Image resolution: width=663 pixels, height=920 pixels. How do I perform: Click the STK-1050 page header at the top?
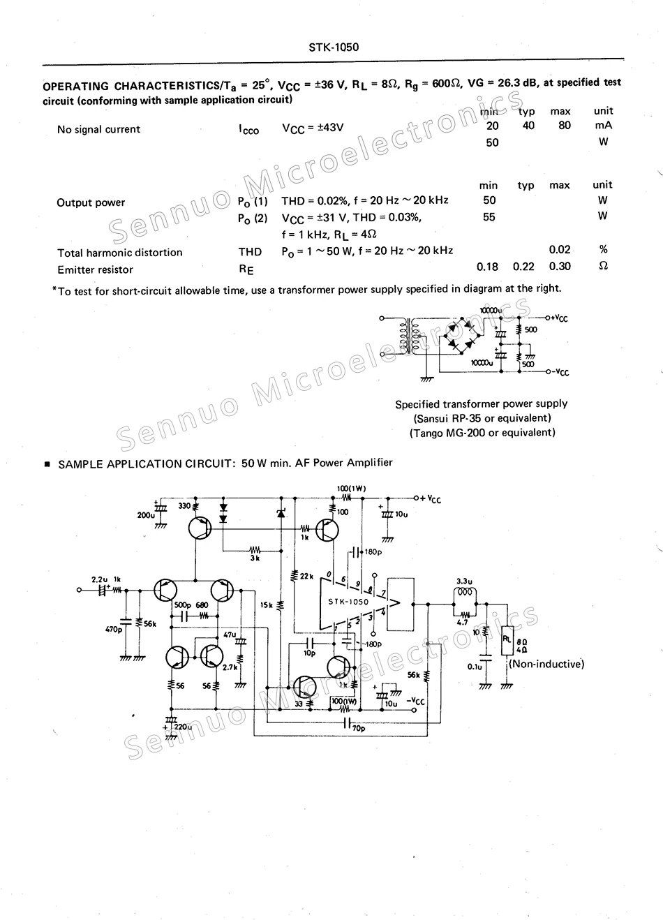(334, 47)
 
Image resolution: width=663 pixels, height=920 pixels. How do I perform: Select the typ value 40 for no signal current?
(528, 126)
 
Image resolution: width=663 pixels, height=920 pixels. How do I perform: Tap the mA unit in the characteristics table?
(603, 126)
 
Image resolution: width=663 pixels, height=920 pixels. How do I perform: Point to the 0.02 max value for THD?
(560, 249)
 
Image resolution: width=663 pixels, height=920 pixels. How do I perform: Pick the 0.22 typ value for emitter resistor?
(523, 266)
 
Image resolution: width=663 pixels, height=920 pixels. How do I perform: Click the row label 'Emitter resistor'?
(95, 269)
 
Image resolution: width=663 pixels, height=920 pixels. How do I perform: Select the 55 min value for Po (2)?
(489, 217)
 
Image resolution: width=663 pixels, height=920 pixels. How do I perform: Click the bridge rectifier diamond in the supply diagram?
(461, 335)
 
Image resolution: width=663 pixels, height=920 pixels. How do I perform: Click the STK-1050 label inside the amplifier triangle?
(348, 602)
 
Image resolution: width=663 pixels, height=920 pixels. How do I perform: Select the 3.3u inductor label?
(464, 581)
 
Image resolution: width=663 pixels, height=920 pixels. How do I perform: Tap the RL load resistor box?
(507, 641)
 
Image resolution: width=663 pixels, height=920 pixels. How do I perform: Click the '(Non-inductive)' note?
(546, 664)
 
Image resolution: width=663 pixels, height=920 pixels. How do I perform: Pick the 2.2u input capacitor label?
(99, 579)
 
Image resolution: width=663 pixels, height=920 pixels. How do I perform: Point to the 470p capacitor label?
(114, 629)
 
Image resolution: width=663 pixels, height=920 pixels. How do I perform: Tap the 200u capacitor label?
(146, 515)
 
